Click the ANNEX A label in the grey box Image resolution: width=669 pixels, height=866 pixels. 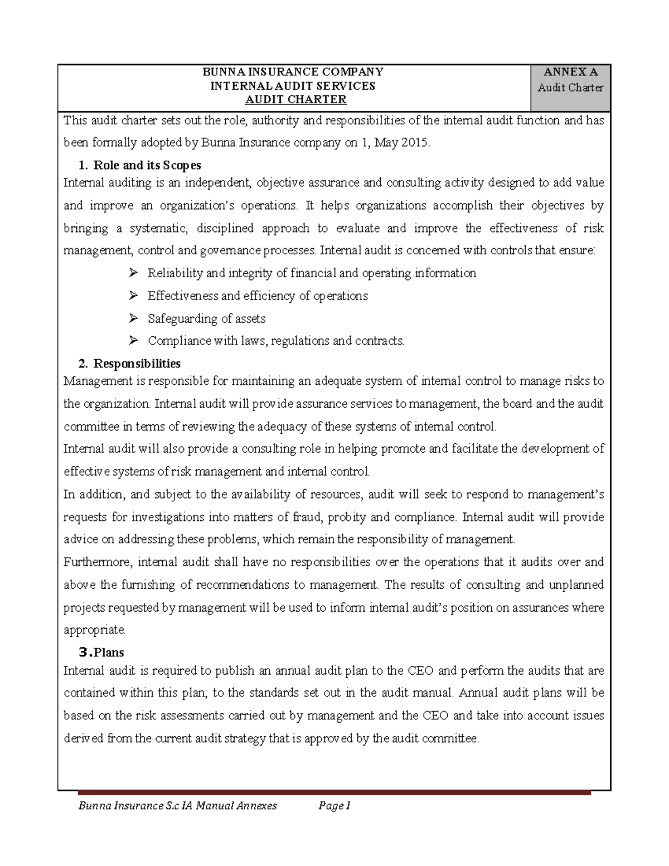tap(570, 72)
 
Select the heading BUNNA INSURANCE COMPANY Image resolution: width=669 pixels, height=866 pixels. tap(293, 72)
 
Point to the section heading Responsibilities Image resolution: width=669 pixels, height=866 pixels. tap(137, 364)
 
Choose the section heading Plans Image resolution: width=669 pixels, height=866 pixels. tap(109, 652)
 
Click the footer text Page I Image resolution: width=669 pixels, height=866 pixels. tap(333, 806)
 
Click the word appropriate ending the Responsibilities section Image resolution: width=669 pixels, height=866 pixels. tap(94, 630)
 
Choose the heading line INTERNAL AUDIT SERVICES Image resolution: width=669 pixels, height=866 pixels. tap(292, 86)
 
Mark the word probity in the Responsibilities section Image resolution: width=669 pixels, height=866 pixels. tap(346, 517)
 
